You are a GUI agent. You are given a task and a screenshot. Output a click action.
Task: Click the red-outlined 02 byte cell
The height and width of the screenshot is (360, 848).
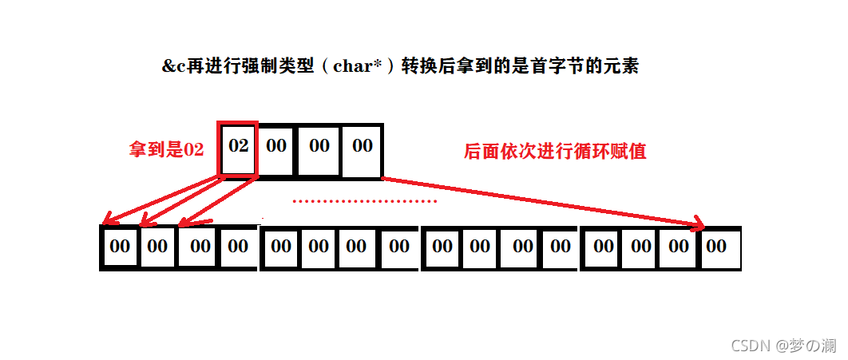238,148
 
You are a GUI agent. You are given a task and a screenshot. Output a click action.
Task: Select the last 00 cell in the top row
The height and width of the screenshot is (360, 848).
362,148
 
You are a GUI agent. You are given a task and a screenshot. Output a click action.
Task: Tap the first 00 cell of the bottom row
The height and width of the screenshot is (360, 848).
120,247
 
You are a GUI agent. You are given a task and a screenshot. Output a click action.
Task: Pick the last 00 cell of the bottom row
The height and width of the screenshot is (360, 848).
717,247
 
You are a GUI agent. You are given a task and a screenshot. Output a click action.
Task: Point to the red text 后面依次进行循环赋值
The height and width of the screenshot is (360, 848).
555,151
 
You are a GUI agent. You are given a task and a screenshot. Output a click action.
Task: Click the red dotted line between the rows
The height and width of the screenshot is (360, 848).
364,201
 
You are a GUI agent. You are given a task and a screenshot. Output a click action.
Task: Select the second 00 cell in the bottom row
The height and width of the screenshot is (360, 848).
158,247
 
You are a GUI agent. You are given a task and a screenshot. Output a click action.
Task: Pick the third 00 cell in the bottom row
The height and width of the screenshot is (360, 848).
200,247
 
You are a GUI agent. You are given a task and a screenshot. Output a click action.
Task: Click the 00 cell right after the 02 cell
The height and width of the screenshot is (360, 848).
276,148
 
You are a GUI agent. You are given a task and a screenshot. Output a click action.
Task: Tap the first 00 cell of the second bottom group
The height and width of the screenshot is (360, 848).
281,247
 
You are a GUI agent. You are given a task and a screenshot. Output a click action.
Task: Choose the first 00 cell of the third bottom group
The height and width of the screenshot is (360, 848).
442,247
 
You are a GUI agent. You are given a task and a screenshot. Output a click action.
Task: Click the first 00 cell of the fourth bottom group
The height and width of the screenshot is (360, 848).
604,247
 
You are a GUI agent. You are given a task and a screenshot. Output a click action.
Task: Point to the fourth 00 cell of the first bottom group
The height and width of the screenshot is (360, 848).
238,247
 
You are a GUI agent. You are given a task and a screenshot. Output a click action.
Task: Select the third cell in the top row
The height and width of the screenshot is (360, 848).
319,148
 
